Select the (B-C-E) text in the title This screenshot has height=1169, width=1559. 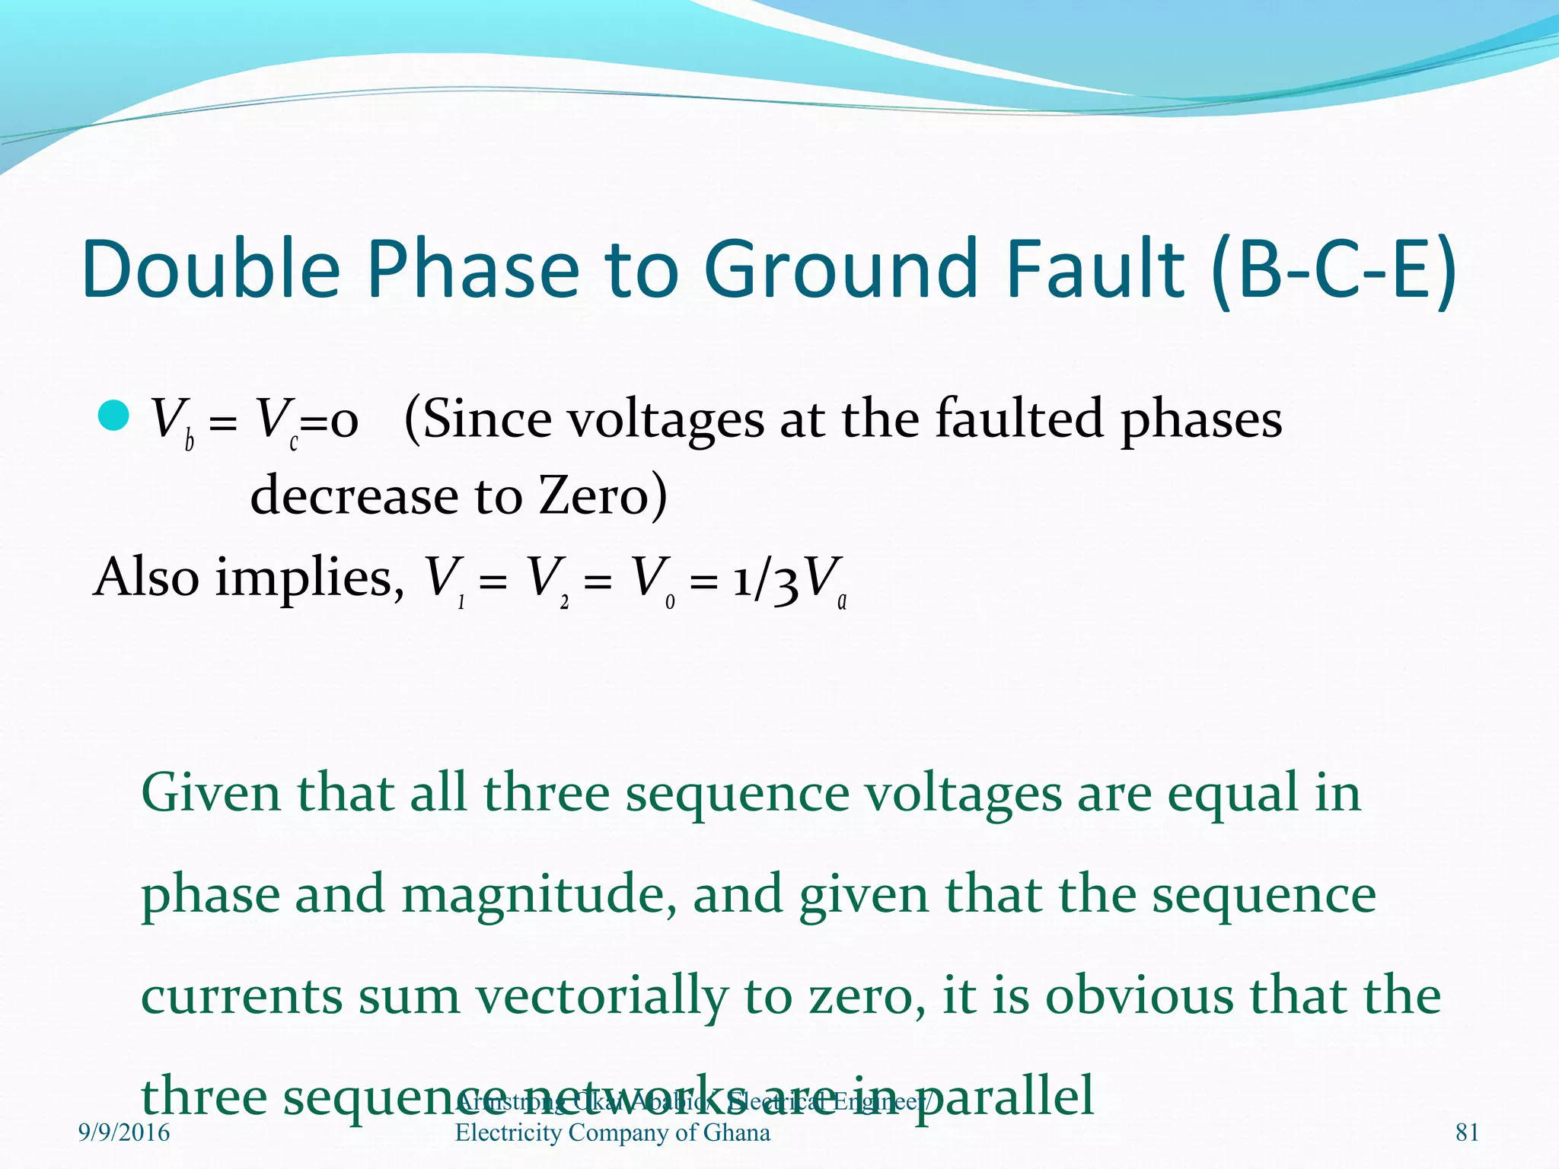click(1333, 269)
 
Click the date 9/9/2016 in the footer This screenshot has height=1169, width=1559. click(124, 1132)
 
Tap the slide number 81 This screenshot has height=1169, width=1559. click(1467, 1132)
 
